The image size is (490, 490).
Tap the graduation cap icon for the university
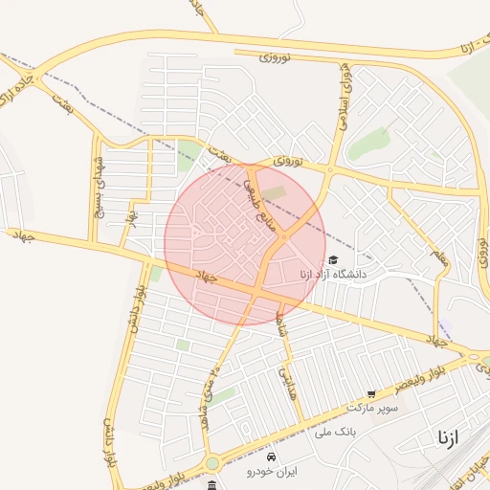[x=333, y=259]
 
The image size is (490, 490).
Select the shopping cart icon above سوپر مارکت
[x=371, y=393]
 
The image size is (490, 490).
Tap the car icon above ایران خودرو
[x=272, y=457]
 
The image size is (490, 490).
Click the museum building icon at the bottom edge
[x=212, y=485]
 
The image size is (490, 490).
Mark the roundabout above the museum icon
[x=212, y=464]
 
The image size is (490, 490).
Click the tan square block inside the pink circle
[x=275, y=193]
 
